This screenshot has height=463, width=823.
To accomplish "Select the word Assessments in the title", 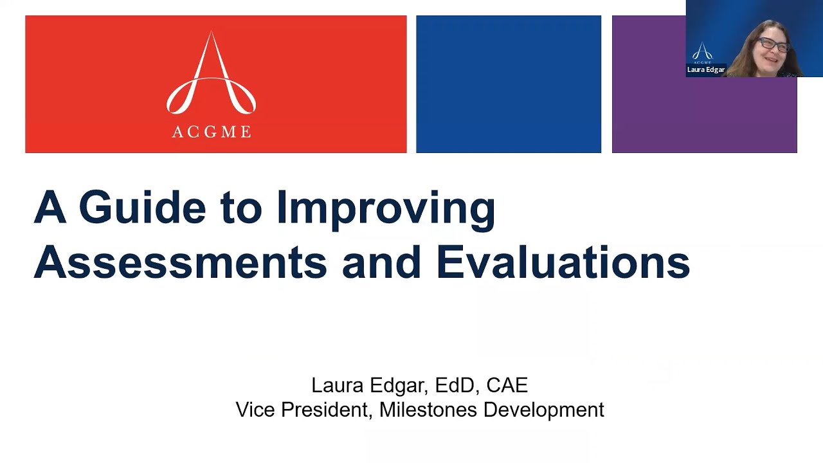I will click(180, 262).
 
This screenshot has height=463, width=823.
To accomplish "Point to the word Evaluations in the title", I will click(563, 262).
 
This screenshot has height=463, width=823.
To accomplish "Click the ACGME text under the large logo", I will click(212, 132).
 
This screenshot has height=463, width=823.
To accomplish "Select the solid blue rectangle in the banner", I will click(508, 84).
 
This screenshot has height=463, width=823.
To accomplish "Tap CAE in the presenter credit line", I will click(507, 385).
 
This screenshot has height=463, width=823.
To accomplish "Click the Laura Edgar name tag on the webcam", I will click(706, 69).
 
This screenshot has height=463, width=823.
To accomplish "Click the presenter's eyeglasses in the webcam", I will click(774, 44).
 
